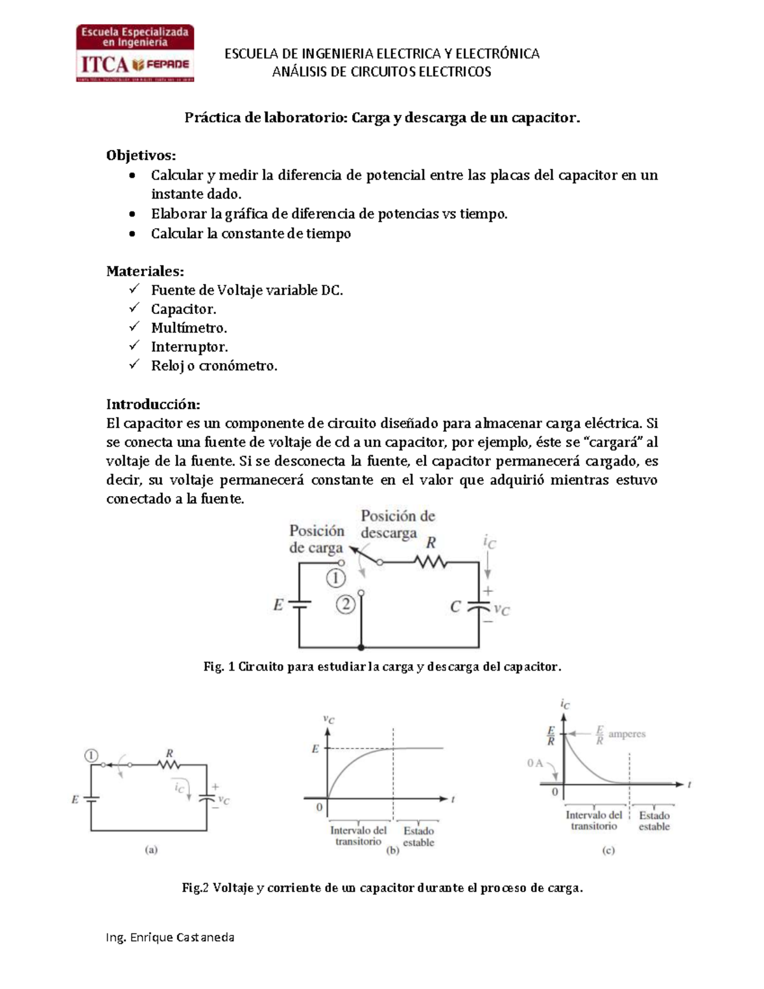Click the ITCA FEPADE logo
coord(135,53)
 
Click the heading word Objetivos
coord(141,155)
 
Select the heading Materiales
coord(145,271)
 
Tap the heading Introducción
coord(153,404)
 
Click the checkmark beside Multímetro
coord(134,327)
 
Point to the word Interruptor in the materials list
coord(189,347)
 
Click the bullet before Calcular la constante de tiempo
coord(132,234)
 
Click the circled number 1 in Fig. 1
coord(336,578)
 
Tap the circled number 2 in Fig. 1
coord(345,604)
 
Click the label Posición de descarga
coord(397,524)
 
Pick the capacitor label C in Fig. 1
coord(455,607)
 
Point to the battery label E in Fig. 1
coord(278,605)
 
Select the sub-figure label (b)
coord(393,850)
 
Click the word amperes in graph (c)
coord(626,734)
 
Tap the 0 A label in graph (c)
coord(535,763)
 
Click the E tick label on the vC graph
coord(315,749)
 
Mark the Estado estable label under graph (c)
coord(654,821)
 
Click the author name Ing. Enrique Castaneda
coord(170,937)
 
